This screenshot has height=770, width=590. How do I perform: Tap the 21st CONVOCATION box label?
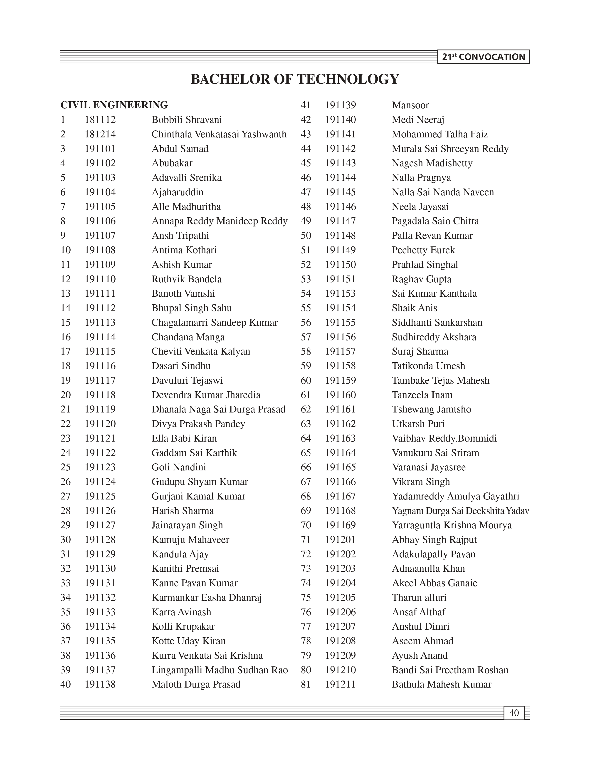483,57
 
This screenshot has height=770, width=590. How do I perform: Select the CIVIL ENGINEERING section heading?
114,105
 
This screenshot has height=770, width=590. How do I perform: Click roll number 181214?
100,134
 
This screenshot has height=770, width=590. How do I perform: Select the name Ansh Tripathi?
180,236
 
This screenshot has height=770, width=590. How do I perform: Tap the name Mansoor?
410,105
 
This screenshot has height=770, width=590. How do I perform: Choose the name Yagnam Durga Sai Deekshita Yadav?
460,511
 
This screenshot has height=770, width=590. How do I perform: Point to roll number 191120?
100,424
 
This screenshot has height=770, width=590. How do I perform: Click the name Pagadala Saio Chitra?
435,221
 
